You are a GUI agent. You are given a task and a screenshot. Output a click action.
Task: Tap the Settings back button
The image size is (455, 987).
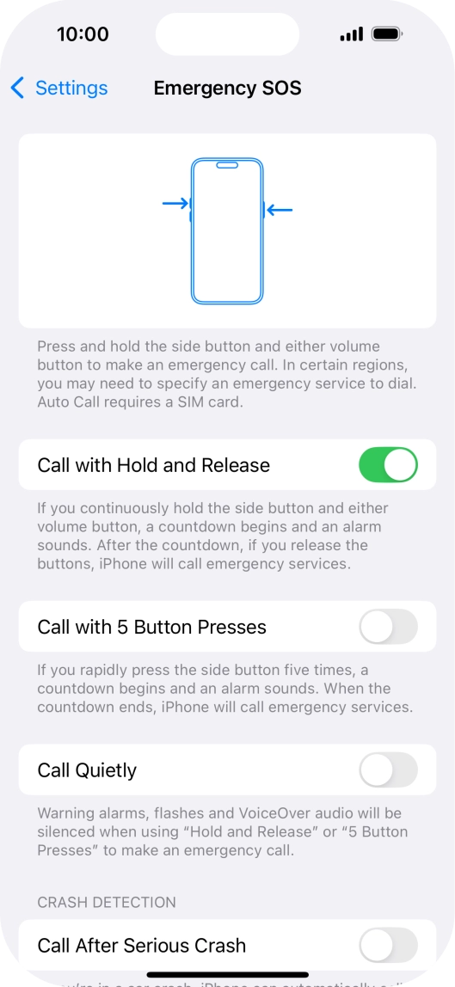coord(59,88)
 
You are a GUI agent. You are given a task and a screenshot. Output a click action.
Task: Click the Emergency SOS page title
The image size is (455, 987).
coord(227,88)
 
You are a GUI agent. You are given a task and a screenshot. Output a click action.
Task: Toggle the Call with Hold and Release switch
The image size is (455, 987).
coord(388,465)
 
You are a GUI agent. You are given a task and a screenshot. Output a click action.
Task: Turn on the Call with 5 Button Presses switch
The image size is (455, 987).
coord(388,627)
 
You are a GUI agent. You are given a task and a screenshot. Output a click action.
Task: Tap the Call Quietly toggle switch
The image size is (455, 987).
coord(388,770)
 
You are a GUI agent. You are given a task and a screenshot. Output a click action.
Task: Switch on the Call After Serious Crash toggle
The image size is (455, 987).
coord(388,946)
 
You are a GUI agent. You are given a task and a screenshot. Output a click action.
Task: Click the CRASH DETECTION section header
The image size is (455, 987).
coord(107,902)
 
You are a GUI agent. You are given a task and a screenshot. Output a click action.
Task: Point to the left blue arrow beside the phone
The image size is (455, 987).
coord(175,204)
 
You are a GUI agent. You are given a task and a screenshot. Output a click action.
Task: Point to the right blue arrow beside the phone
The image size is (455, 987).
coord(280,209)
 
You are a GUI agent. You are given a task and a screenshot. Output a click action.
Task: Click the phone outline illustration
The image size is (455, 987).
coord(227,230)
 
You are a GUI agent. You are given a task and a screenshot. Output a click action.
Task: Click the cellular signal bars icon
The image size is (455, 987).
coord(351,34)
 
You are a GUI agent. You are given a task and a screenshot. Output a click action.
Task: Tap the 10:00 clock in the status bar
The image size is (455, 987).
coord(83,34)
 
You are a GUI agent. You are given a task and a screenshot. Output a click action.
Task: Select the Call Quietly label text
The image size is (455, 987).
coord(87,770)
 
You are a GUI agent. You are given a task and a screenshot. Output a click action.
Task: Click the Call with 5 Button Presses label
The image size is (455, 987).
coord(151,627)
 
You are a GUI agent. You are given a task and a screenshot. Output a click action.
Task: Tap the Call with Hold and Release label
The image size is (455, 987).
coord(153,465)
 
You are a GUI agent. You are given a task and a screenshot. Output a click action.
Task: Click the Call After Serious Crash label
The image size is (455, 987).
coord(141,946)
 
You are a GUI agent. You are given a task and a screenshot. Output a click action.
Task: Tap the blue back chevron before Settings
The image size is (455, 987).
coord(17,88)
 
